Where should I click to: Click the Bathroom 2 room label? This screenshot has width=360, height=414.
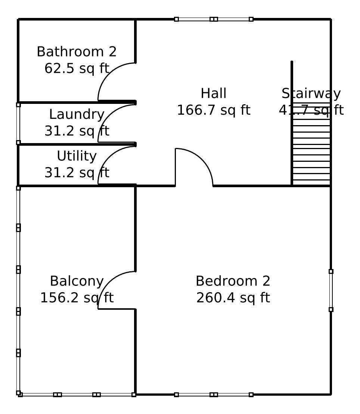pyautogui.click(x=77, y=52)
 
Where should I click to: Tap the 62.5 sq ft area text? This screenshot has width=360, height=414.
pyautogui.click(x=77, y=68)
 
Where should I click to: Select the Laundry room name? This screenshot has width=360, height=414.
pyautogui.click(x=77, y=114)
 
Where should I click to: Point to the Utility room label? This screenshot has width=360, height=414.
pyautogui.click(x=77, y=156)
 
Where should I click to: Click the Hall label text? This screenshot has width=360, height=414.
pyautogui.click(x=214, y=93)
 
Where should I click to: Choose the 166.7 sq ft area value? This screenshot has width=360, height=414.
pyautogui.click(x=214, y=110)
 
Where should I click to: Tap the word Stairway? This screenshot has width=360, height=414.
pyautogui.click(x=311, y=93)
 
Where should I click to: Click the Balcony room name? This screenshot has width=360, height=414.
pyautogui.click(x=77, y=281)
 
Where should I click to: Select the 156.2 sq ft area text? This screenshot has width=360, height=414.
pyautogui.click(x=77, y=298)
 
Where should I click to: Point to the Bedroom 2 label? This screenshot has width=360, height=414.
pyautogui.click(x=233, y=281)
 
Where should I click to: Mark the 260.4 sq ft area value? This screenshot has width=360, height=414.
pyautogui.click(x=233, y=298)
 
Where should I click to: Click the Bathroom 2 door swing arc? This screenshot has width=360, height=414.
pyautogui.click(x=109, y=74)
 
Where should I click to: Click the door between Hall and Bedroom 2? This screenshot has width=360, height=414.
pyautogui.click(x=202, y=160)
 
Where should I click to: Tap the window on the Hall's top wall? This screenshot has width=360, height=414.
pyautogui.click(x=214, y=19)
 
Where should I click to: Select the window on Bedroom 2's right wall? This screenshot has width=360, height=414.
pyautogui.click(x=331, y=290)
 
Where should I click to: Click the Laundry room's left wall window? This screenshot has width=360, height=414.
pyautogui.click(x=18, y=124)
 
